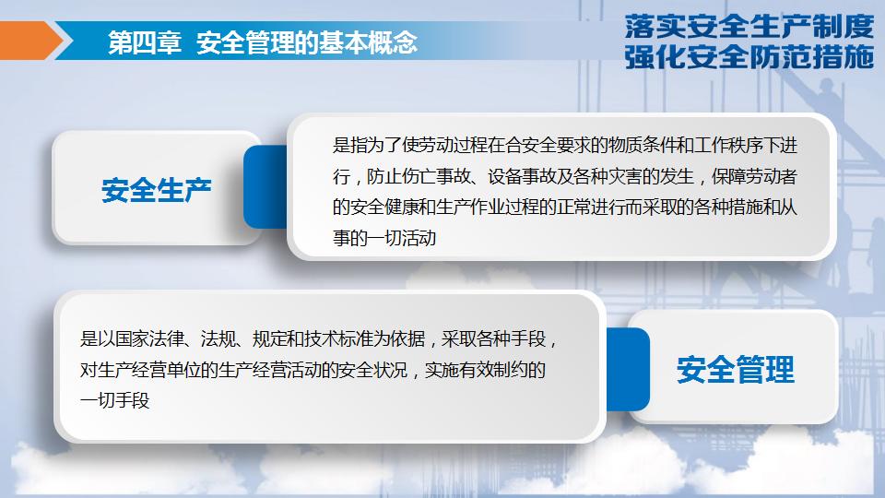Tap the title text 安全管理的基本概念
pos(307,42)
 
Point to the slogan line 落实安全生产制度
pos(748,24)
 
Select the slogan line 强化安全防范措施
pos(748,57)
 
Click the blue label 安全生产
pos(157,190)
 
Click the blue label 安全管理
pos(735,371)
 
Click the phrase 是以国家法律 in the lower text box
pos(127,339)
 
